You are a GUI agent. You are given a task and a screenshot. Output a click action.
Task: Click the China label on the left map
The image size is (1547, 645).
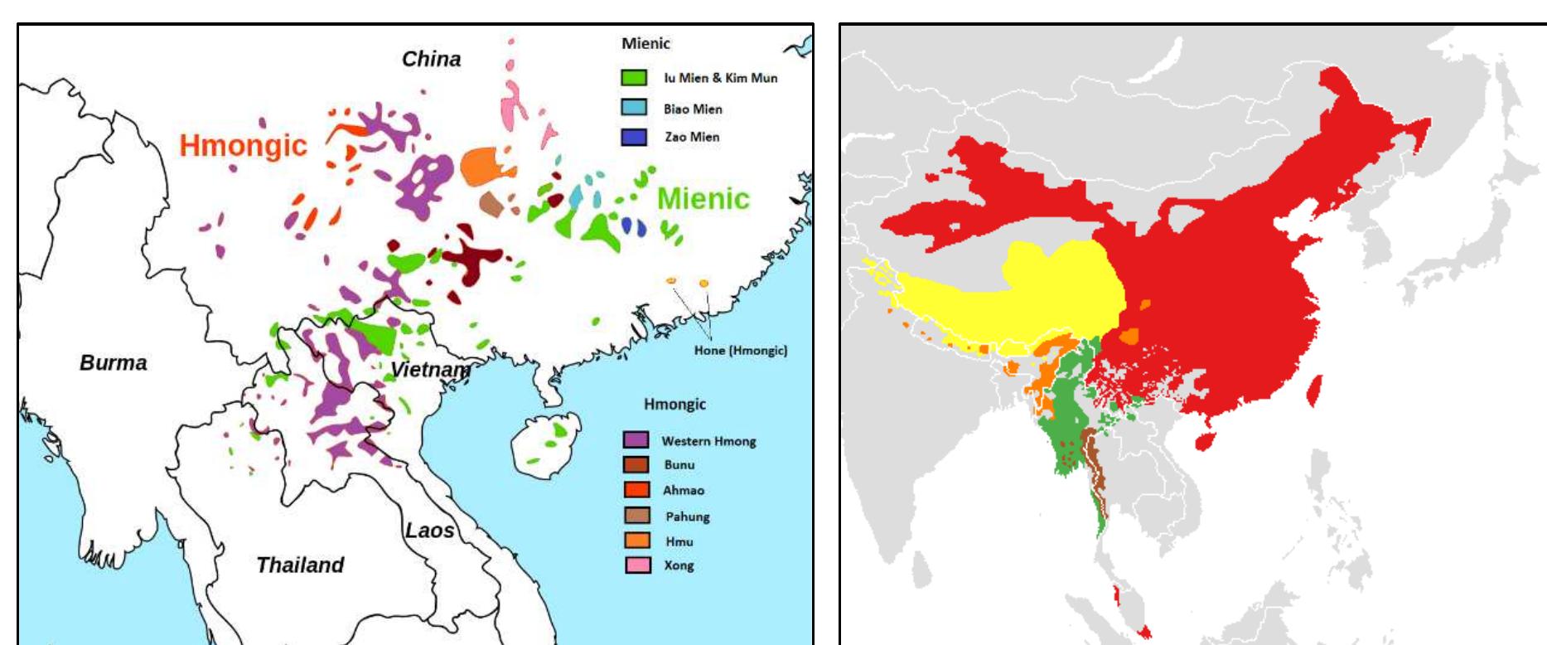coord(431,60)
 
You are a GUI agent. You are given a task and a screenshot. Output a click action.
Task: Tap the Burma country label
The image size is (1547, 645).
coord(114,363)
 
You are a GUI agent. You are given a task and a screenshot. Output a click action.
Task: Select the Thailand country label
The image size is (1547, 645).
coord(300,565)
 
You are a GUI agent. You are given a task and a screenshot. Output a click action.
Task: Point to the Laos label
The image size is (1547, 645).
coord(429,531)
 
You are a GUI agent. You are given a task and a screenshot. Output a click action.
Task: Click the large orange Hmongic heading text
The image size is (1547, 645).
coord(243,146)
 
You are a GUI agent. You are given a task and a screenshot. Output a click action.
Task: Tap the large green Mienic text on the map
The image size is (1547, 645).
coord(703,199)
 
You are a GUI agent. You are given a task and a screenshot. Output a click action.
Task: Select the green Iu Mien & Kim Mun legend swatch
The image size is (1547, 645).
coord(634,78)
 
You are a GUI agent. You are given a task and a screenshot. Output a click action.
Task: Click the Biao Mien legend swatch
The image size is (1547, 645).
coord(634,109)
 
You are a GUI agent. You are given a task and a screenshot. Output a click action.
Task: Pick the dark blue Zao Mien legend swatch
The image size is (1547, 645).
coord(634,137)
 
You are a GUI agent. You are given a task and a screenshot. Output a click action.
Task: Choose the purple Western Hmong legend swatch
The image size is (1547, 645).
coord(636,440)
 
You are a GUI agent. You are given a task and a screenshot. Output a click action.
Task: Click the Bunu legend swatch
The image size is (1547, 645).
coord(636,464)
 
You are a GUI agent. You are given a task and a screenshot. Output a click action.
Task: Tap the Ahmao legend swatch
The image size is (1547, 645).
coord(636,490)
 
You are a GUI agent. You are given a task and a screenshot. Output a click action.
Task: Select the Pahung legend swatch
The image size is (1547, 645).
coord(636,516)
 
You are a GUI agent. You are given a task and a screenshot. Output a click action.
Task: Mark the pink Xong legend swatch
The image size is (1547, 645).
coord(636,565)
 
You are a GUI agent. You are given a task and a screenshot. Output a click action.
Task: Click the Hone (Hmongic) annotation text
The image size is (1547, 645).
coord(740,350)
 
